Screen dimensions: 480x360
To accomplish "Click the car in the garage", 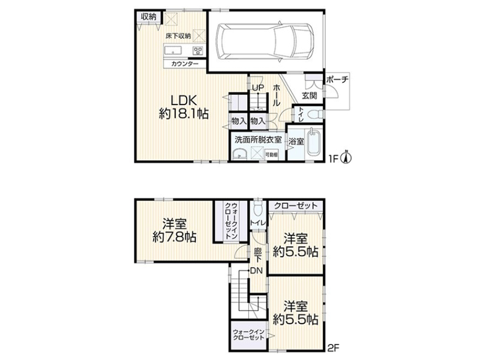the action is point(265,41).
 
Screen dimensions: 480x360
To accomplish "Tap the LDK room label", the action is point(184,100).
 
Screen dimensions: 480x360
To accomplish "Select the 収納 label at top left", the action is point(149,17).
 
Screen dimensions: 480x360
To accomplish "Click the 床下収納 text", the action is point(178,36).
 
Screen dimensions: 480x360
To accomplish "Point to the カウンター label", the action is point(185,64).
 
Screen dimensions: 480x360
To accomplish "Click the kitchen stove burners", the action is point(198,50).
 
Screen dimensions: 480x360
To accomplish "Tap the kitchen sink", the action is point(173,50).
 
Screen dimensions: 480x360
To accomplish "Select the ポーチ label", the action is point(337,80).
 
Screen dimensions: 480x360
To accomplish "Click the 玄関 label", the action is point(310,95).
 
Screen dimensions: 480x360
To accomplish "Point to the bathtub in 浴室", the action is point(314,142).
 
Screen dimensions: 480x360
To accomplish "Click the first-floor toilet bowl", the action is point(313,115).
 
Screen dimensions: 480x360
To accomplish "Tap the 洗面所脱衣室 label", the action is point(258,140).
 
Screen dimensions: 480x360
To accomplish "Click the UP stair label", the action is point(258,88).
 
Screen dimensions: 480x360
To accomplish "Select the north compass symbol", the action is point(347,157).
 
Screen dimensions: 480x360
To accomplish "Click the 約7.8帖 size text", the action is point(175,237).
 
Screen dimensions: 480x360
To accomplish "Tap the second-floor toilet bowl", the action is point(259,208).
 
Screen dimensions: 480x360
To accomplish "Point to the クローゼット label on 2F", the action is point(296,205).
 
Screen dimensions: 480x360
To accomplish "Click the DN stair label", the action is point(256,271).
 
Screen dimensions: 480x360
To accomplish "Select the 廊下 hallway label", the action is point(258,255).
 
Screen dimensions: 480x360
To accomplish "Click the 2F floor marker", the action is point(334,348).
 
